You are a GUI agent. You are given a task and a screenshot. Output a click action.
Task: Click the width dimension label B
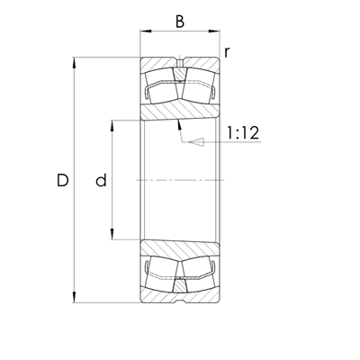coord(179,20)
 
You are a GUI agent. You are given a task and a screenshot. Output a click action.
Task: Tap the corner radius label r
coord(228,51)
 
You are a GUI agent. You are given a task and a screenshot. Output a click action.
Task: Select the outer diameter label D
coord(62,181)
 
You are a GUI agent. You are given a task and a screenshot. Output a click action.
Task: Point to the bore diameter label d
coord(101,181)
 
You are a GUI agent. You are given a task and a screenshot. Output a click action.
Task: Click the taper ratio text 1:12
coord(242,133)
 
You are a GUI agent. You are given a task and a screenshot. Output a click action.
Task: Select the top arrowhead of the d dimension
coord(112,123)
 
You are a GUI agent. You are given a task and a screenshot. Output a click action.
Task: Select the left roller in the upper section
coord(163,88)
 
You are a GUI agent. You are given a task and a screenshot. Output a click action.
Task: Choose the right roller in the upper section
coord(197,88)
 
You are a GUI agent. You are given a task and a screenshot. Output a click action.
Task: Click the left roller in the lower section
coord(163,272)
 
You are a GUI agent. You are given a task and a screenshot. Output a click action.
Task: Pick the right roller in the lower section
coord(197,272)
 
